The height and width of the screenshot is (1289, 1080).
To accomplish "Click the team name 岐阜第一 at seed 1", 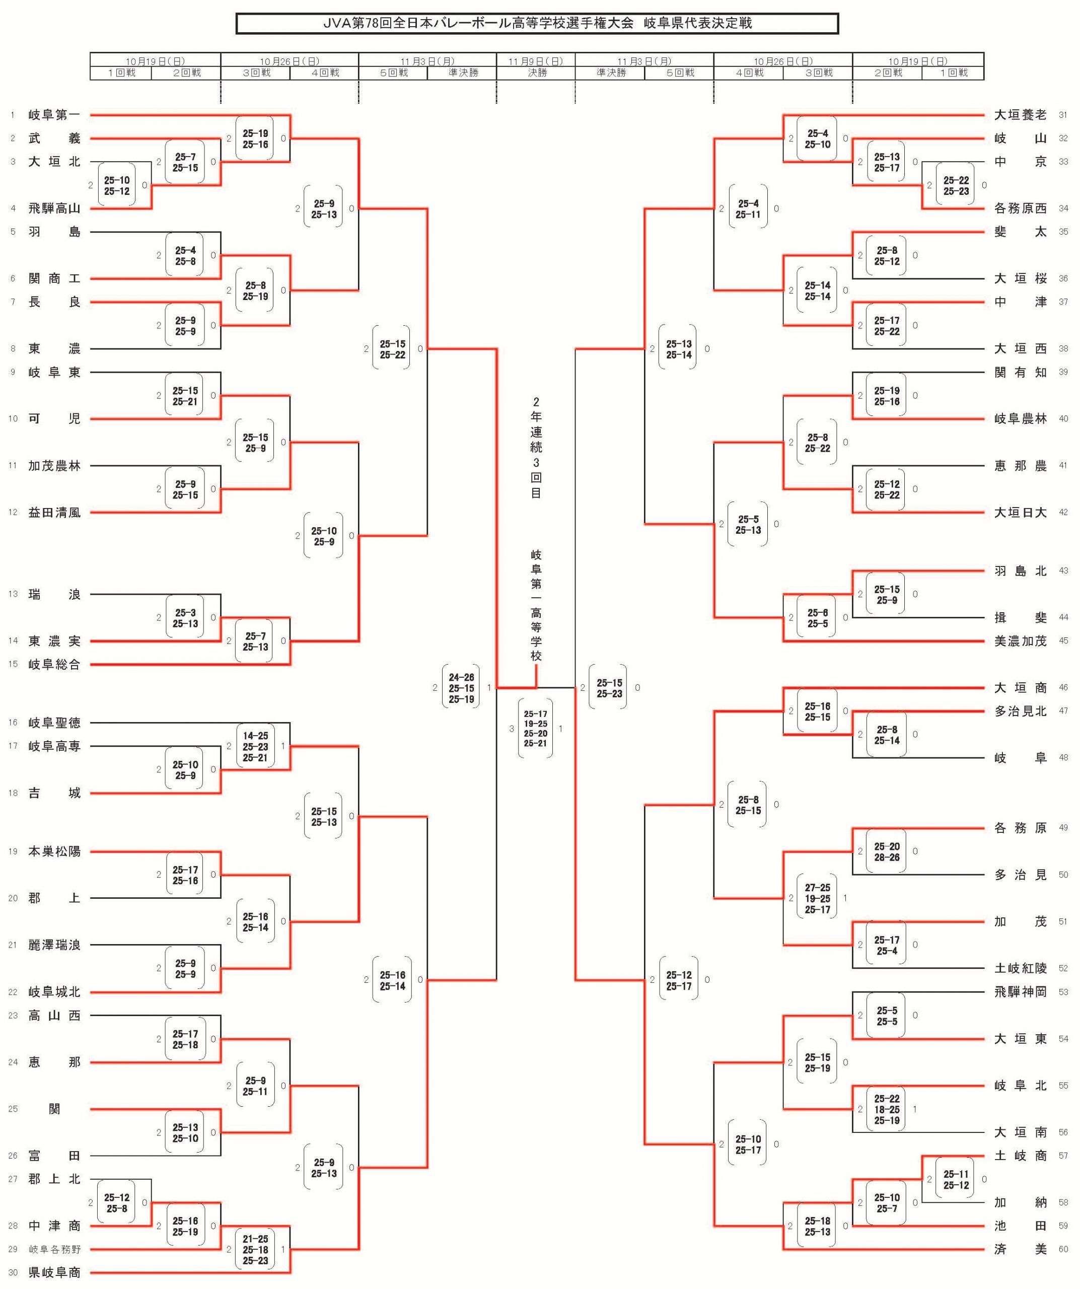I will coord(54,115).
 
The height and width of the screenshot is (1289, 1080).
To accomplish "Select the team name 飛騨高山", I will coord(54,208).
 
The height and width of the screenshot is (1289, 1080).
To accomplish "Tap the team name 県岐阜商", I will coord(54,1272).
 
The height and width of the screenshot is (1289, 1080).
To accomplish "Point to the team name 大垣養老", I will coord(1020,115).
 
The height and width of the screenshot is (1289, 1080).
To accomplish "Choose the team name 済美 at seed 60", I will coord(1020,1249).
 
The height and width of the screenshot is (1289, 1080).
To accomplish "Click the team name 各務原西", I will coord(1020,208).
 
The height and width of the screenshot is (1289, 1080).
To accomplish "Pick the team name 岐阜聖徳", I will coord(54,723).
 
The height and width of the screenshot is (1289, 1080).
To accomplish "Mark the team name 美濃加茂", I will coord(1020,641).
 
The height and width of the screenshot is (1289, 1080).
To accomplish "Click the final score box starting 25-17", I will coord(535,729).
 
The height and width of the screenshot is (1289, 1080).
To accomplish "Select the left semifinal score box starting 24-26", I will coord(461,688).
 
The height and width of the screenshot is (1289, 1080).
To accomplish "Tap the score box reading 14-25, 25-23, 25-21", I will coord(255,746).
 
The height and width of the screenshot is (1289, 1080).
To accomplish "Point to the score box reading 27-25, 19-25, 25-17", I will coord(817,899).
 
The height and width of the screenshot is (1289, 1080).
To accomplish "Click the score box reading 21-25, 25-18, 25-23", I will coord(255,1249).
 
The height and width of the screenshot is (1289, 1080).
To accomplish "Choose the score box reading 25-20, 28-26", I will coord(887,851).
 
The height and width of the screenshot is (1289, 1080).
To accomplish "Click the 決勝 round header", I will coord(536,73).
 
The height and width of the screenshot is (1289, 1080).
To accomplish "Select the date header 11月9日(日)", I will coord(536,61).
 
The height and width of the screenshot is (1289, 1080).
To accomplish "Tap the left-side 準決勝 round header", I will coord(463,73).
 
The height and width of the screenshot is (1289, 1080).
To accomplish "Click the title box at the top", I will coord(537,23).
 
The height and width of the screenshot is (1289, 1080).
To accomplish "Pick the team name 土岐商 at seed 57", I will coord(1020,1156).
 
